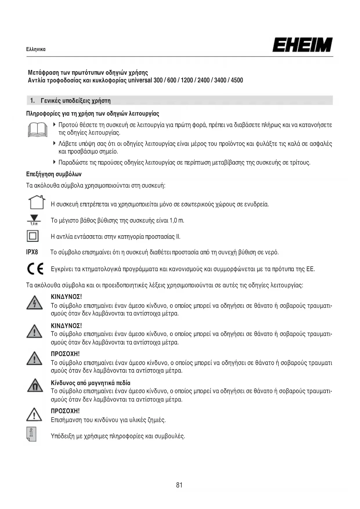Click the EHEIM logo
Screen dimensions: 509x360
[302, 45]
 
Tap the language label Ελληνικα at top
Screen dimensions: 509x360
[36, 49]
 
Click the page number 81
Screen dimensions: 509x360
[179, 485]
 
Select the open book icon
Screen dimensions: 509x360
[37, 129]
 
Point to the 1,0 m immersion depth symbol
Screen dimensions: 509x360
[34, 220]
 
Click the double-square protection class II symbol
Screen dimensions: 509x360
[32, 236]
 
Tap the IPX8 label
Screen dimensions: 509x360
[32, 252]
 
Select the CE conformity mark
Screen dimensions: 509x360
[35, 268]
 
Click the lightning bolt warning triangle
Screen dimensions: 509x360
[35, 303]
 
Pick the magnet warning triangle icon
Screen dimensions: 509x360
[35, 386]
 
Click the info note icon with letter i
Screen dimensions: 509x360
[31, 434]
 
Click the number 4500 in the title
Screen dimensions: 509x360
[237, 80]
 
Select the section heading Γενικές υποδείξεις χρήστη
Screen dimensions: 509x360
[76, 101]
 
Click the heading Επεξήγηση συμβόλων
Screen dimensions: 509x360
[54, 174]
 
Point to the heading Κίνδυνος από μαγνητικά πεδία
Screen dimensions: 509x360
[91, 383]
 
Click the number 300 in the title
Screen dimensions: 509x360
[158, 80]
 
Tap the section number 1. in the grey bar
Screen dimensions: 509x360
[32, 101]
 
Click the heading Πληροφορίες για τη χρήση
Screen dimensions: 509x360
[93, 113]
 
